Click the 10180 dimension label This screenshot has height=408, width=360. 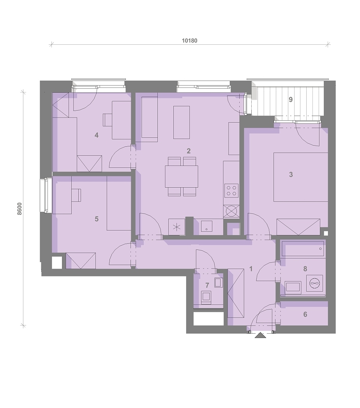point(189,40)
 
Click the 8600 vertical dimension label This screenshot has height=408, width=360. point(20,209)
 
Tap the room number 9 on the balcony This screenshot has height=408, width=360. point(291,99)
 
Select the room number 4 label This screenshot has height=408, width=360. point(97,135)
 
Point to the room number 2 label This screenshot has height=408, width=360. point(189,151)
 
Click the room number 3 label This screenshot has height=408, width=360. point(291,174)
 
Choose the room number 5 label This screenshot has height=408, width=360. point(97,219)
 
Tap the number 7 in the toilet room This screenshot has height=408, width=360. point(207,285)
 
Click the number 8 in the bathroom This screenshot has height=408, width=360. point(305,269)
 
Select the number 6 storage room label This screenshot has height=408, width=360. point(305,314)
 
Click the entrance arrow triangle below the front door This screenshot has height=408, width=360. point(260,335)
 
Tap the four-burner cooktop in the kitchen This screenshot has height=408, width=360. point(231,191)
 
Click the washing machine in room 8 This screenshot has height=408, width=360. point(314,283)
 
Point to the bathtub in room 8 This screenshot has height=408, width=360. point(303,249)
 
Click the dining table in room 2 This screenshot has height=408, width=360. point(182,176)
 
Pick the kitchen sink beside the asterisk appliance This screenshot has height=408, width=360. point(206,226)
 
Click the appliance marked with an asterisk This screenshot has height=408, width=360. point(176,227)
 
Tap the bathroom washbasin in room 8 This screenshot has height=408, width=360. point(293,287)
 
